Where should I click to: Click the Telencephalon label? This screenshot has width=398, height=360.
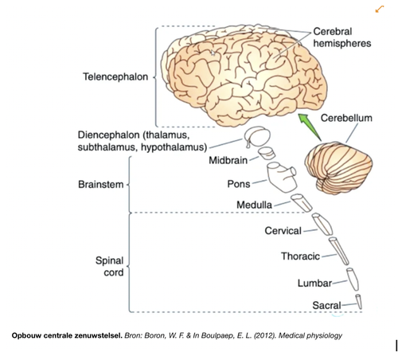coord(115,77)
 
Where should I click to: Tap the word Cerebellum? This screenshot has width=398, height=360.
coord(346,118)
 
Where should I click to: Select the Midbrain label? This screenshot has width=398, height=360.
coord(228,160)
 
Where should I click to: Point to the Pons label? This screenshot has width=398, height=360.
coord(239,184)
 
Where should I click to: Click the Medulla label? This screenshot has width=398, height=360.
coord(254,205)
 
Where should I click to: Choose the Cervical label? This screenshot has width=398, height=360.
coord(283,231)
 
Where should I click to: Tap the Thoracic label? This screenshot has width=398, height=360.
coord(300,256)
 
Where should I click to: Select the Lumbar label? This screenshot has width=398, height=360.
coord(314,284)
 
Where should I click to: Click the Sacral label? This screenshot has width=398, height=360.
coord(326,305)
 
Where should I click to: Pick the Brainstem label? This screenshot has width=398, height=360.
coord(101,185)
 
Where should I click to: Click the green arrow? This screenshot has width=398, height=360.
coord(310,127)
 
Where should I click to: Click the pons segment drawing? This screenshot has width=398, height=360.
coord(282,178)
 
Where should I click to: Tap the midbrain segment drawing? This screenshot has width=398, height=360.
coord(267,154)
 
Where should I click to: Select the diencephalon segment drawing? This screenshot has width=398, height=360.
coord(257,136)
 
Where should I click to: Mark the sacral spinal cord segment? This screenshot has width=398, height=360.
coord(359,302)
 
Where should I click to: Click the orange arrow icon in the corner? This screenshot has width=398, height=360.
coord(380,10)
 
